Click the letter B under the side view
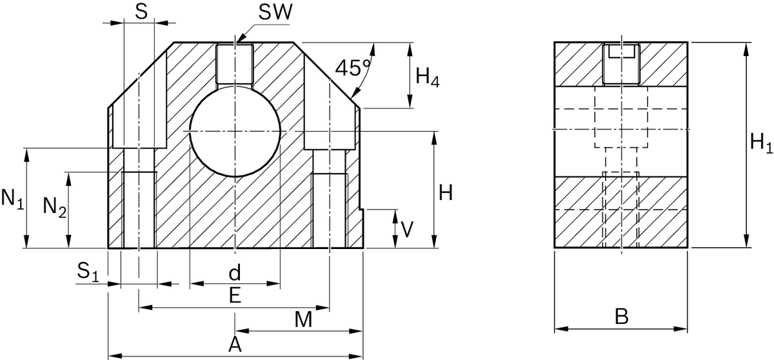point(621,317)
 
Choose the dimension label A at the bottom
point(235,345)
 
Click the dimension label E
point(235,295)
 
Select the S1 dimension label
point(88,272)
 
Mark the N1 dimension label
point(12,199)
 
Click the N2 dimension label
point(55,207)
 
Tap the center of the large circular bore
point(235,132)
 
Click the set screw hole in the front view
point(235,63)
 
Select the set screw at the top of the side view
point(621,64)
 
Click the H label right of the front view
point(445,192)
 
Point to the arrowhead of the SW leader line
point(238,41)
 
